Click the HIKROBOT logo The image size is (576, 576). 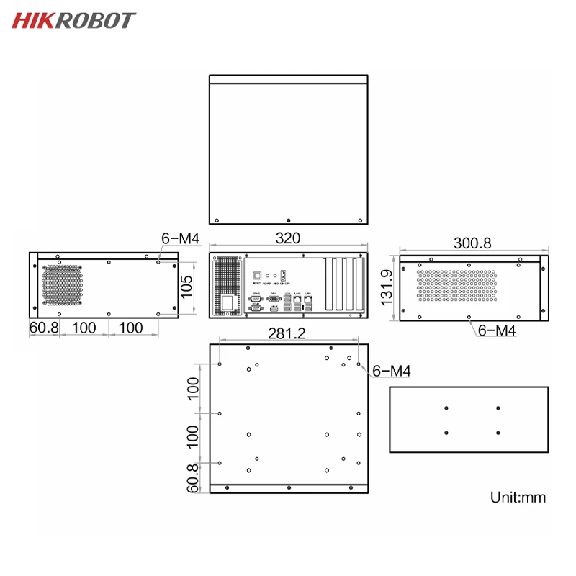(x=73, y=20)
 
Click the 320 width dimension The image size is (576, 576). (x=288, y=238)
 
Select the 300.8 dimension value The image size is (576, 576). (x=472, y=243)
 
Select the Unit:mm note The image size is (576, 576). (x=518, y=497)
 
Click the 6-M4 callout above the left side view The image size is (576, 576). (x=179, y=238)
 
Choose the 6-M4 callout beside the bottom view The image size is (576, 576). (x=392, y=371)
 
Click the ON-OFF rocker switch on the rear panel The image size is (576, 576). (x=283, y=275)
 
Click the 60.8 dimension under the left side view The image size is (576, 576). (x=43, y=328)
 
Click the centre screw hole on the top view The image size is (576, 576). (x=288, y=219)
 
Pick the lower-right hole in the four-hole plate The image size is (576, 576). (x=498, y=433)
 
